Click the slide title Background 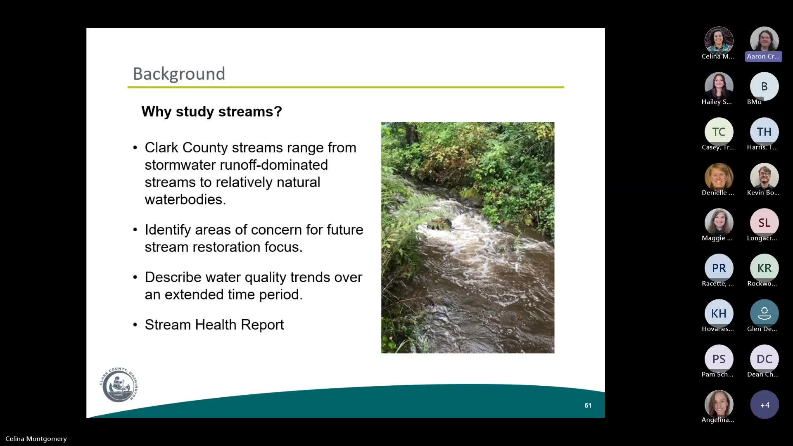coord(179,74)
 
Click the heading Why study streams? coord(211,111)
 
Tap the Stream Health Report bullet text coord(214,325)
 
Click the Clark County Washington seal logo coord(119,384)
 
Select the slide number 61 coord(588,406)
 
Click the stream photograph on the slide coord(468,237)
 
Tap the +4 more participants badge coord(764,405)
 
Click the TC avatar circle coord(719,132)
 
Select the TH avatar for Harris coord(764,132)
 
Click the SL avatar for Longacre coord(764,223)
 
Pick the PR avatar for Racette coord(719,268)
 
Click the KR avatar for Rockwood coord(764,268)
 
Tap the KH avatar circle coord(719,313)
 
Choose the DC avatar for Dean coord(764,359)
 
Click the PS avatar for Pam coord(719,359)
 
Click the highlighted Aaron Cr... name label coord(763,57)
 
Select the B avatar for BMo coord(764,86)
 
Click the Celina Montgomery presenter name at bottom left coord(36,439)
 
